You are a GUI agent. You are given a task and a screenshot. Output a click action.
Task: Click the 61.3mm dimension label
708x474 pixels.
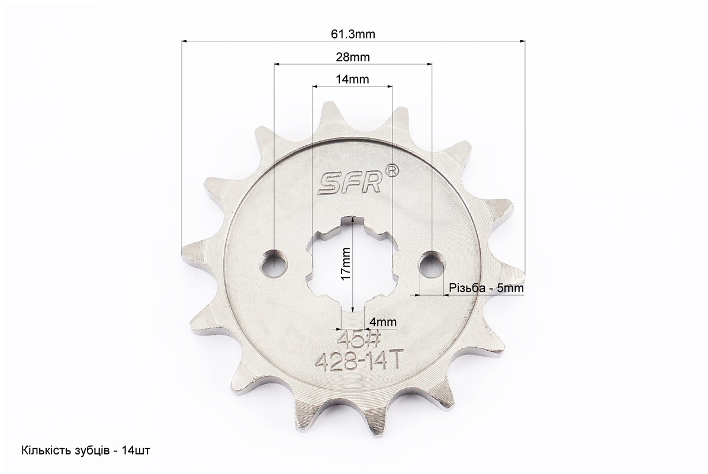pyautogui.click(x=353, y=34)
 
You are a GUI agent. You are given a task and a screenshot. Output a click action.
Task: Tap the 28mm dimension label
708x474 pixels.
pyautogui.click(x=353, y=57)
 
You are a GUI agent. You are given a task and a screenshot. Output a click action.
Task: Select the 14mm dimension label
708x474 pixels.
pyautogui.click(x=352, y=79)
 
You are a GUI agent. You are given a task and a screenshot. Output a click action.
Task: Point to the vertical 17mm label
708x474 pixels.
pyautogui.click(x=346, y=264)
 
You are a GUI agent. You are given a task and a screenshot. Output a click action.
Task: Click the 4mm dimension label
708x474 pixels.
pyautogui.click(x=383, y=322)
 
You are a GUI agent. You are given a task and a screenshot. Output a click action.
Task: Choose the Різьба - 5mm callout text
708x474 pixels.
pyautogui.click(x=486, y=288)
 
